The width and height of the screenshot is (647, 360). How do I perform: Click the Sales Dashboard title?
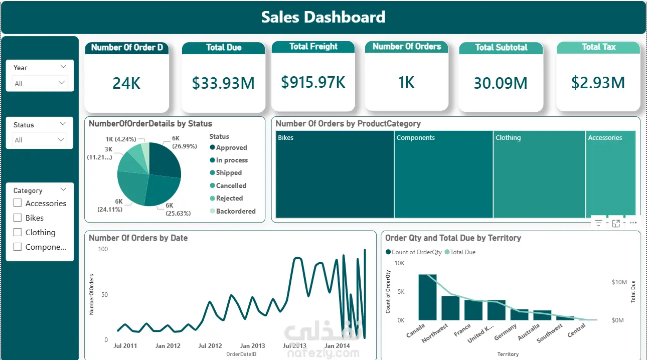[x=323, y=17]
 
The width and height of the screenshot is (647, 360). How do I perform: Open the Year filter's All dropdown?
[x=40, y=83]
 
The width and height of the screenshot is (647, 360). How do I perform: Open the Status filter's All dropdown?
[x=40, y=140]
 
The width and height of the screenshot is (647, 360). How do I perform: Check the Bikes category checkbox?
[x=18, y=218]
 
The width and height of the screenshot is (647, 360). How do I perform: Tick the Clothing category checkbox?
[x=18, y=232]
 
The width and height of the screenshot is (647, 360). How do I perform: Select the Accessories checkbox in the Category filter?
[x=18, y=203]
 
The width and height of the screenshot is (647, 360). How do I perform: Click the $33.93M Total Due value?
[x=223, y=83]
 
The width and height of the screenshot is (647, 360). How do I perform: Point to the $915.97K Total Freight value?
[x=313, y=82]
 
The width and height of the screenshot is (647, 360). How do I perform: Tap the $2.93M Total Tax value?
[x=598, y=83]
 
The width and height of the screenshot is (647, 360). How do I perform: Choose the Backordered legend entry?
[x=233, y=211]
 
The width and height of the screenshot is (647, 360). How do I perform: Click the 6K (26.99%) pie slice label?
[x=185, y=142]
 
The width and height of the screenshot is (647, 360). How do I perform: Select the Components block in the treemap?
[x=443, y=174]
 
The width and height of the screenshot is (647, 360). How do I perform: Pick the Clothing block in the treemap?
[x=539, y=174]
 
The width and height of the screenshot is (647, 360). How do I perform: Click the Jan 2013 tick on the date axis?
[x=252, y=345]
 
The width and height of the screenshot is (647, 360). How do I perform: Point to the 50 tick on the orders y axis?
[x=104, y=294]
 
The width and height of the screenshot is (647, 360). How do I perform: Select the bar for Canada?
[x=427, y=297]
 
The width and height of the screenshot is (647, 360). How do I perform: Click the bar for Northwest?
[x=450, y=308]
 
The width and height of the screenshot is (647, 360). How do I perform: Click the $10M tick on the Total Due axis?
[x=619, y=282]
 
